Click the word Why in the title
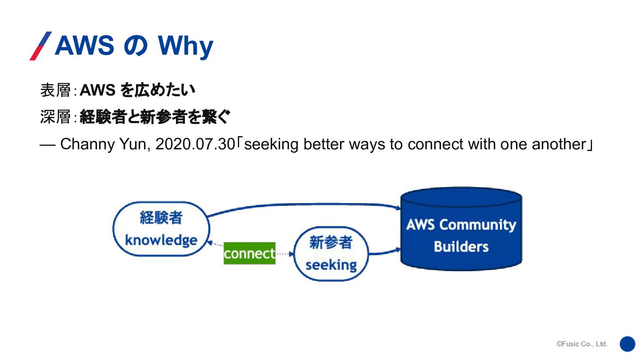pos(185,46)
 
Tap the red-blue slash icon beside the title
pos(40,46)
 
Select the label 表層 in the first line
pos(56,90)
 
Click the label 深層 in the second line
pos(56,117)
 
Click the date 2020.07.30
pos(195,144)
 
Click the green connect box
pos(249,253)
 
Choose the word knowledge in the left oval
pos(161,240)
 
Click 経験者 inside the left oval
pos(161,218)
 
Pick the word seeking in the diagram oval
pos(331,265)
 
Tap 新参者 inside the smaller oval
pos(331,242)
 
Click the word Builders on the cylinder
pos(461,247)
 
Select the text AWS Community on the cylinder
pos(461,225)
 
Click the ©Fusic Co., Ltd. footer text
pos(582,344)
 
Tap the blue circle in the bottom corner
pos(628,344)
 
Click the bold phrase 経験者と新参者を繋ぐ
pos(155,117)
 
